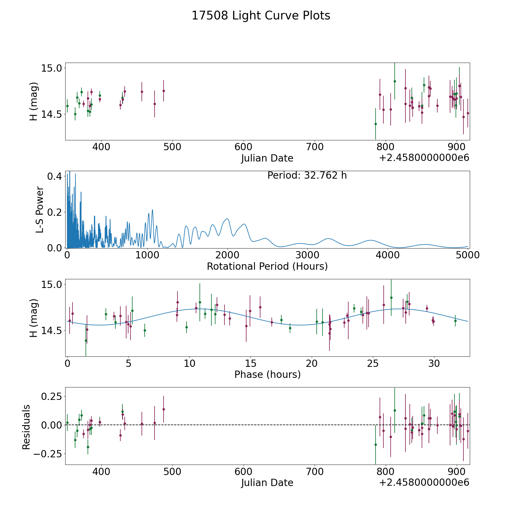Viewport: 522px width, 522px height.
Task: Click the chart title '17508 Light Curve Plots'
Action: click(261, 16)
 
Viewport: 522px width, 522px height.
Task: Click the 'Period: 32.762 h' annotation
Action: click(307, 175)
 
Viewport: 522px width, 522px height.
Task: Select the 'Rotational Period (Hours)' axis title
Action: click(267, 266)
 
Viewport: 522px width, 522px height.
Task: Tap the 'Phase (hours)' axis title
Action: click(267, 374)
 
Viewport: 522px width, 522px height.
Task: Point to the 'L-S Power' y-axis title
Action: click(40, 210)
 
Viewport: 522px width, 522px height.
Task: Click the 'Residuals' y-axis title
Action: click(26, 427)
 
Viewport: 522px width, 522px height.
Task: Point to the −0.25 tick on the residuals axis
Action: click(47, 454)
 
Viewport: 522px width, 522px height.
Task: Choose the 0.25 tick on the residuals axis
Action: click(51, 396)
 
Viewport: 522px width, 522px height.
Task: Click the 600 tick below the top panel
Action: click(243, 147)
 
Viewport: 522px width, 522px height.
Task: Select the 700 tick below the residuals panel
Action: click(315, 472)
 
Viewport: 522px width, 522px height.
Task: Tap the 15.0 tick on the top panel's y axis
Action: click(50, 68)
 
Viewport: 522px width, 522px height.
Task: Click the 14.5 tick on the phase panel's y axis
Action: click(50, 331)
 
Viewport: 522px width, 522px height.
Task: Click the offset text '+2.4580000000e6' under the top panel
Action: click(424, 158)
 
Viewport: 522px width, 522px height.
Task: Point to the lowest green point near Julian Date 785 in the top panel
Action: click(376, 124)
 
